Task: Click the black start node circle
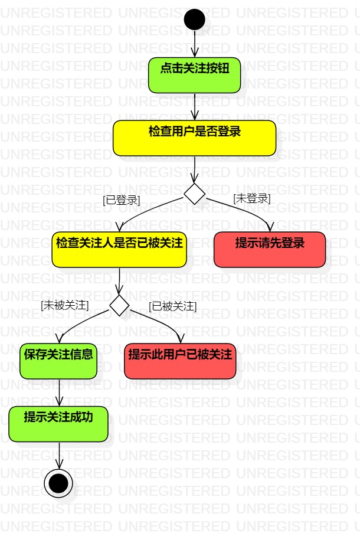(x=194, y=19)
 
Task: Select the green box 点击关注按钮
(x=194, y=75)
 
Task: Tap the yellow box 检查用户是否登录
(x=194, y=138)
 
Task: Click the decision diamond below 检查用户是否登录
(x=194, y=194)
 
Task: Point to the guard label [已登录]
(x=121, y=200)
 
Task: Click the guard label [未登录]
(x=251, y=199)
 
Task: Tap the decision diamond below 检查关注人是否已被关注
(x=119, y=305)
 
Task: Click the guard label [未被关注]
(x=64, y=306)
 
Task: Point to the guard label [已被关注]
(x=172, y=306)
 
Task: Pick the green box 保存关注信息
(x=58, y=361)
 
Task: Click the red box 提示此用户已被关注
(x=180, y=361)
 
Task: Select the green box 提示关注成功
(x=58, y=424)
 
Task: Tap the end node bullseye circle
(x=58, y=483)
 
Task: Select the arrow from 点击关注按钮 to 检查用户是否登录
(x=194, y=107)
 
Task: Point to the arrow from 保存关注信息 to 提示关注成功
(x=58, y=393)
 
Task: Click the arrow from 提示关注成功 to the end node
(x=58, y=455)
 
